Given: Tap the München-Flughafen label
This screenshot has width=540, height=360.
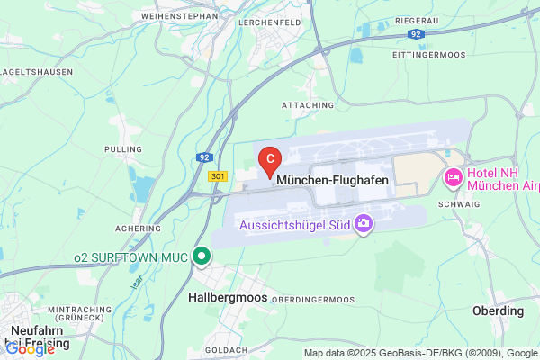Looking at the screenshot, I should coord(333,181).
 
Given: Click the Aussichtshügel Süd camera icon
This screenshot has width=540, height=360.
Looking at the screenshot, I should coord(364,222).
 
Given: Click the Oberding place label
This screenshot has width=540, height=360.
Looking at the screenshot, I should coord(498,310).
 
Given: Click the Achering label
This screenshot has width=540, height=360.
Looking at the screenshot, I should coord(138,229).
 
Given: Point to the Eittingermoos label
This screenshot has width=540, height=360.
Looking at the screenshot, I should coord(429,54).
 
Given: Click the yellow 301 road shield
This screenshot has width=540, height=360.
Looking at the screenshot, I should coord(216,176).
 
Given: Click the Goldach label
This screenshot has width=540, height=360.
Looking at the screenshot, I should coord(220,349).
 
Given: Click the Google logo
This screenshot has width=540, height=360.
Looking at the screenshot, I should coord(31,348).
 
